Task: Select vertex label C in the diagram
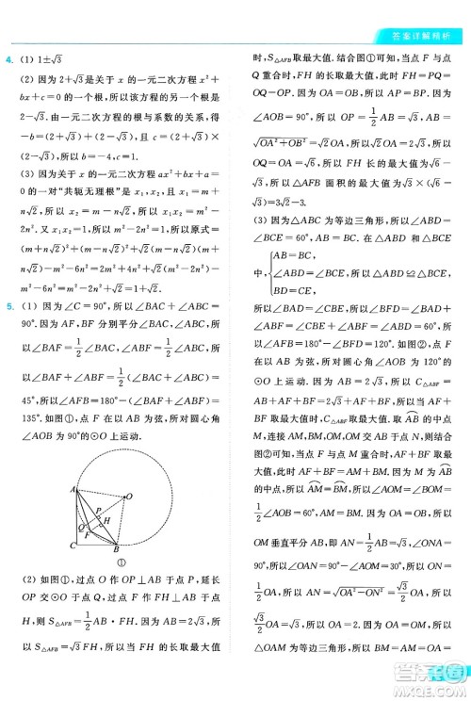coord(72,546)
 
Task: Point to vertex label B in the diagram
coord(117,548)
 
